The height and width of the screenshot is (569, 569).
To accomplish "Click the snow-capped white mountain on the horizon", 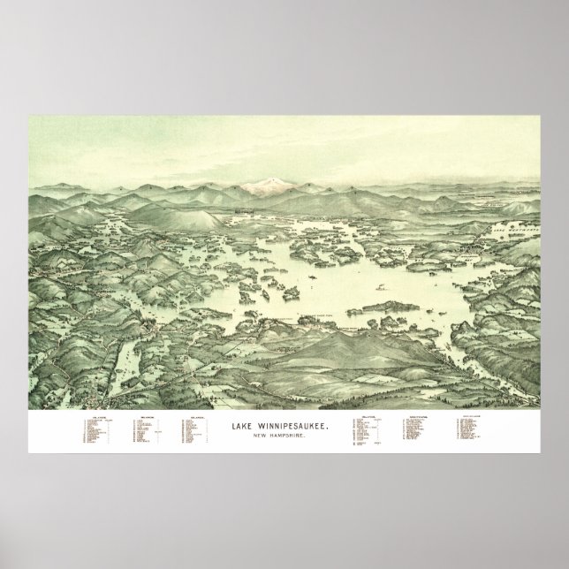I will (269, 184).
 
